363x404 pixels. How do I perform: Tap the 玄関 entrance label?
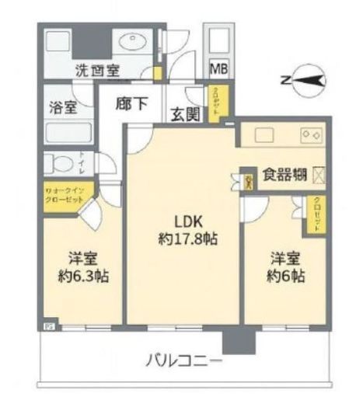tap(186, 114)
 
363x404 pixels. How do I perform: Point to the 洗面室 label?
tap(97, 71)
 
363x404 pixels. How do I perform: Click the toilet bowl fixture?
tap(58, 163)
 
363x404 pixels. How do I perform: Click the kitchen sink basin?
tap(262, 138)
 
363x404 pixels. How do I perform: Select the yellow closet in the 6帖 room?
tap(316, 214)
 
